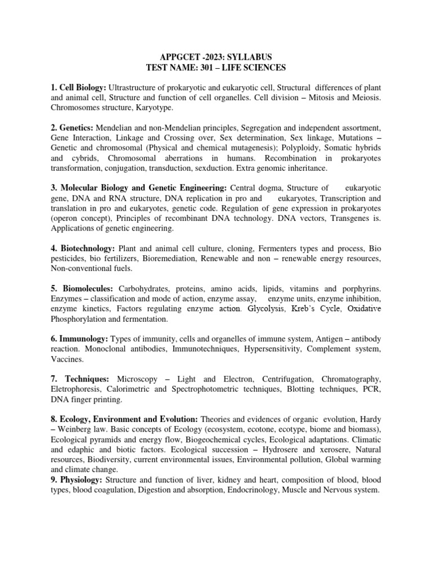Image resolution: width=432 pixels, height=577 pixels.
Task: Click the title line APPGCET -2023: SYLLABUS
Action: pyautogui.click(x=216, y=57)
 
